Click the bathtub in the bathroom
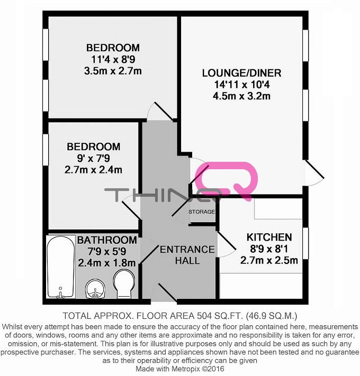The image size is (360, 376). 61,267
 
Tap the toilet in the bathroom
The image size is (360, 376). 124,283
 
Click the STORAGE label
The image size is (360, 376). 202,212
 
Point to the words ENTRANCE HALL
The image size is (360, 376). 187,255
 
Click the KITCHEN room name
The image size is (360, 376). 269,237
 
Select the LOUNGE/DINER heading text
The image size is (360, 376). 242,73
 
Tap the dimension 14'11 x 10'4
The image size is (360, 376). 242,85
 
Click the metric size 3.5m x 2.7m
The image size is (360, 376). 113,71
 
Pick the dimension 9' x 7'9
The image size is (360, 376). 93,158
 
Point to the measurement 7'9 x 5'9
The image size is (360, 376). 107,251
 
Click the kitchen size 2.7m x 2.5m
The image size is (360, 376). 269,260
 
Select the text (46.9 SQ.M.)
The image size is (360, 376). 272,316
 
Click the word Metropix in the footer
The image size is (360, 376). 185,369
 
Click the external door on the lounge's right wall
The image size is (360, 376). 314,172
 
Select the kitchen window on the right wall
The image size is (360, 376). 305,243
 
